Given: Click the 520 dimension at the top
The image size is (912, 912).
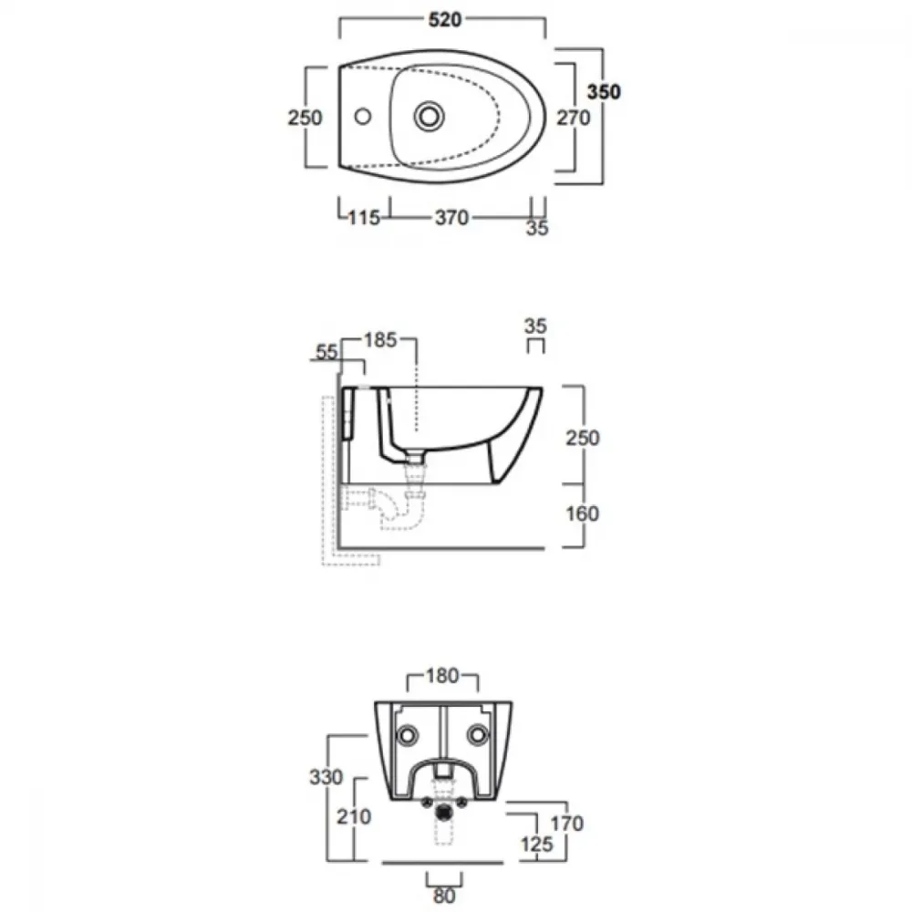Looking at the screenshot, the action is (x=445, y=20).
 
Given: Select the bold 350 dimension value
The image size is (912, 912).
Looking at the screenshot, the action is (x=604, y=92).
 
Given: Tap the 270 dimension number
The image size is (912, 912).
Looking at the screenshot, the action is (x=574, y=118).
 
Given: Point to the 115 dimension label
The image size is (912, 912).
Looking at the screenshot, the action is (x=364, y=218).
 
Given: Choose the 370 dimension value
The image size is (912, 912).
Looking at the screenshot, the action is (x=452, y=218).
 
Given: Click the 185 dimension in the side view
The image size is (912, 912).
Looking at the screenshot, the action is (x=380, y=340).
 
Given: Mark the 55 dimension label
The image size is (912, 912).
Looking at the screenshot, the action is (x=326, y=352).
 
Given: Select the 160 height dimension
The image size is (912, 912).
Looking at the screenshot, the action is (x=582, y=513).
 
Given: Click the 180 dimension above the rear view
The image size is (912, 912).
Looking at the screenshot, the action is (x=442, y=676).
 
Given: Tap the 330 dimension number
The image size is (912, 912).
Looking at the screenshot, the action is (x=326, y=777).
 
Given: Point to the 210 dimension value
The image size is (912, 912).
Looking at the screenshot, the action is (x=354, y=817).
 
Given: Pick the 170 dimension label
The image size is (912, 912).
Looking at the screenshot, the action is (x=566, y=824).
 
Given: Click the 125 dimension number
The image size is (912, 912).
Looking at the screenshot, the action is (x=536, y=845).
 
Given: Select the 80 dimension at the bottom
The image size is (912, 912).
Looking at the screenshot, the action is (x=444, y=896).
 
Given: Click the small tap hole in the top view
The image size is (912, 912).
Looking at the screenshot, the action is (x=363, y=117).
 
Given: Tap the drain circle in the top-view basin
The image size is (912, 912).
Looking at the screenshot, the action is (x=430, y=117).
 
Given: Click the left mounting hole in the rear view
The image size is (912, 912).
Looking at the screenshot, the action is (x=407, y=735).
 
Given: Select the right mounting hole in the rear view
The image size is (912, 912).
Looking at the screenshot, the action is (x=478, y=735).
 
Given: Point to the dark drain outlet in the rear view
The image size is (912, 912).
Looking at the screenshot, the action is (x=445, y=811).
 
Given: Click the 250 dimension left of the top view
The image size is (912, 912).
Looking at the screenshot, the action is (x=305, y=118).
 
